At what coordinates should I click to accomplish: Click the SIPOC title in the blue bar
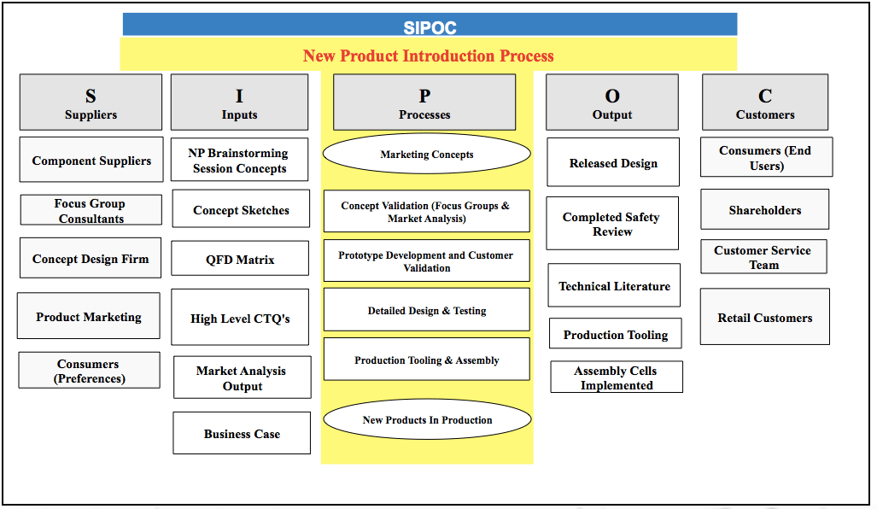click(x=430, y=26)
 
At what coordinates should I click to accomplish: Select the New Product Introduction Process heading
click(x=429, y=56)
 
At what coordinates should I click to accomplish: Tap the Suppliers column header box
click(x=91, y=102)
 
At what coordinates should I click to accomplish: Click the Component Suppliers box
click(x=91, y=161)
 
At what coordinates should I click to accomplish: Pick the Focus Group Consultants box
click(x=91, y=211)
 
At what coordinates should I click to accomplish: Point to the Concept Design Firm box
click(x=91, y=259)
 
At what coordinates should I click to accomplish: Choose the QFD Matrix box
click(x=240, y=260)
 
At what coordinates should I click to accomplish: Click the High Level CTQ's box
click(x=240, y=319)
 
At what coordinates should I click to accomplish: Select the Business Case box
click(x=242, y=434)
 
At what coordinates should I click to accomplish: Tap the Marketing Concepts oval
click(x=426, y=155)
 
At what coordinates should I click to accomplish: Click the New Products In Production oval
click(x=427, y=419)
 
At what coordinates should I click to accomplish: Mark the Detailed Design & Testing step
click(x=426, y=311)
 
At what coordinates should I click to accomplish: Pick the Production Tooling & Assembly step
click(x=426, y=360)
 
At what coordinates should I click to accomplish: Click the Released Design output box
click(x=613, y=163)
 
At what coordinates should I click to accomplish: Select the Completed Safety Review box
click(x=611, y=224)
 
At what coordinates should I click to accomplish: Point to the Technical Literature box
click(x=614, y=286)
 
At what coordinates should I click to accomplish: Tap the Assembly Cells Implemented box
click(x=616, y=377)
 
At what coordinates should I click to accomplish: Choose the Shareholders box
click(x=764, y=210)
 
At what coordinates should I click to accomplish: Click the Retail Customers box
click(x=764, y=318)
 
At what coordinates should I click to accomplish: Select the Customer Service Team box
click(x=763, y=257)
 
